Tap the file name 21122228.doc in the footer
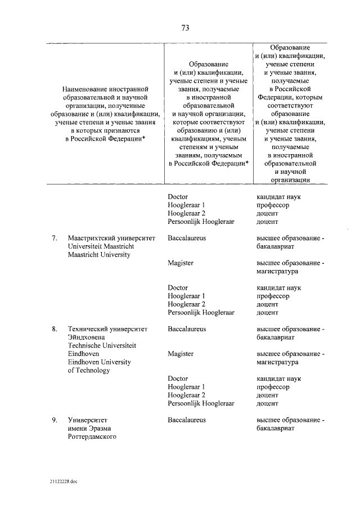point(64,481)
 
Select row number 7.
point(55,238)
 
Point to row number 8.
point(55,328)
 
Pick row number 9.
point(55,420)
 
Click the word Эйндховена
point(86,337)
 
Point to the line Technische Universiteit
point(102,345)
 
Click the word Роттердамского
point(92,436)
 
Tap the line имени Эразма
point(89,428)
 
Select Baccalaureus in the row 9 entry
point(187,420)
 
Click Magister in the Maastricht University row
point(181,263)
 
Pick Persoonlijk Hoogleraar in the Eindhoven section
point(201,403)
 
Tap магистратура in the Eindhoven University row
point(277,362)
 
